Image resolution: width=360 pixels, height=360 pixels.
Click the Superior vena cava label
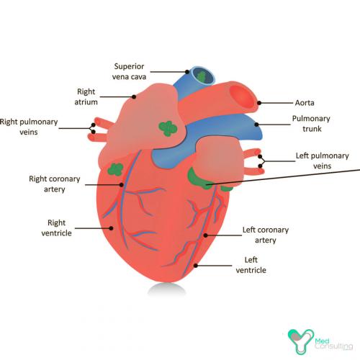[x=129, y=71]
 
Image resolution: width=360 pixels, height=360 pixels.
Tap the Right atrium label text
[x=86, y=96]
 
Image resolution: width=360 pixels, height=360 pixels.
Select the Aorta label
[x=305, y=103]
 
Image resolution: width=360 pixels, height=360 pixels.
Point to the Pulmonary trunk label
[x=311, y=124]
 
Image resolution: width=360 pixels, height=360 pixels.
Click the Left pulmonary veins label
[x=322, y=161]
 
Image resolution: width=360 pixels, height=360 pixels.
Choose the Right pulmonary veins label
[x=29, y=127]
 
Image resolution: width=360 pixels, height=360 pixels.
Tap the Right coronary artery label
[x=55, y=184]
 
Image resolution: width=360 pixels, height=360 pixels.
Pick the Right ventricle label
[x=56, y=228]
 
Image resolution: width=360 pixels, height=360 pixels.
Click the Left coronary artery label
[x=266, y=235]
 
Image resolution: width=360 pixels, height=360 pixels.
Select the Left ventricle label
[x=251, y=265]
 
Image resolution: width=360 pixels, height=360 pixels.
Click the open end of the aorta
[x=242, y=96]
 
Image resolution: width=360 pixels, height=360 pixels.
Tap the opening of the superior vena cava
[x=203, y=76]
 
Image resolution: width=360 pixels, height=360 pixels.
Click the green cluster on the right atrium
[x=168, y=128]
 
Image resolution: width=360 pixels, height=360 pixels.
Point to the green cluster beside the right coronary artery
[x=115, y=169]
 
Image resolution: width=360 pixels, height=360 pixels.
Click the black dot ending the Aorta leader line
[x=259, y=103]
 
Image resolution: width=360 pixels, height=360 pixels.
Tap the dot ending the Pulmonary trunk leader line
[x=256, y=125]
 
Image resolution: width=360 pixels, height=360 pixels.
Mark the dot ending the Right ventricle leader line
[x=111, y=228]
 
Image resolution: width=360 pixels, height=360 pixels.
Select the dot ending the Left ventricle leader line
[x=196, y=266]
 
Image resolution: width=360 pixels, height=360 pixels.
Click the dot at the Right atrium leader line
[x=134, y=96]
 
